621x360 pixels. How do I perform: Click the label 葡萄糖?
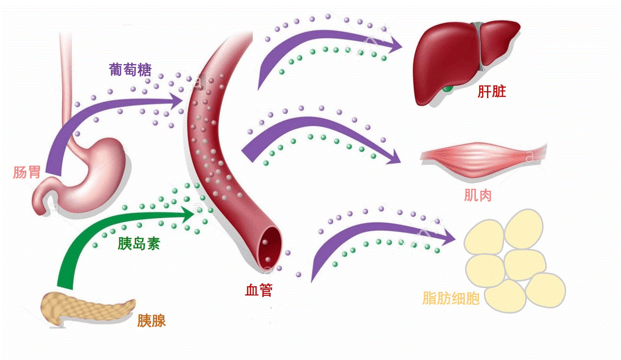[x=130, y=70]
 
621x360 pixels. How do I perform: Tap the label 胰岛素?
[x=139, y=244]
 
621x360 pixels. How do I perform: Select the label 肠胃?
[x=27, y=172]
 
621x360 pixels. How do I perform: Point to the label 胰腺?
[x=151, y=321]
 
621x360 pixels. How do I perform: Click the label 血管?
[x=259, y=290]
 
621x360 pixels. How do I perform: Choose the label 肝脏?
[x=492, y=92]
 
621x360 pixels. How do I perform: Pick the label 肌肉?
[x=478, y=195]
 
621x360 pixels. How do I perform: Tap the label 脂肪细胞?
[x=451, y=298]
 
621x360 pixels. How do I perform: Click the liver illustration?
[x=450, y=58]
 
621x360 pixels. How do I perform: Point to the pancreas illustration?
[x=85, y=309]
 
